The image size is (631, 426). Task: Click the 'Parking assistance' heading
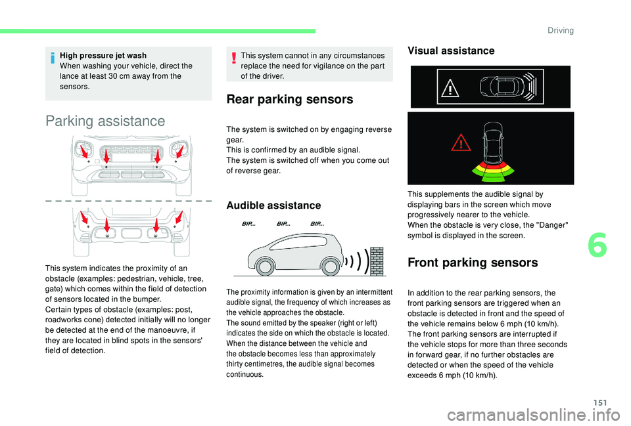click(x=105, y=121)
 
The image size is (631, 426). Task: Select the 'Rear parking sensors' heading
click(x=290, y=99)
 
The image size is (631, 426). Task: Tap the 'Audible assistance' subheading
click(x=273, y=205)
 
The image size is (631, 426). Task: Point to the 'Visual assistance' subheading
click(x=451, y=51)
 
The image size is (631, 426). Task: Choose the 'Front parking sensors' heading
click(x=473, y=263)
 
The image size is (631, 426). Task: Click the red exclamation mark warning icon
click(x=233, y=58)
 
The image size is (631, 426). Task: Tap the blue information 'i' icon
click(x=53, y=58)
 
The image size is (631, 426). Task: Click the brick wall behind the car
click(x=377, y=261)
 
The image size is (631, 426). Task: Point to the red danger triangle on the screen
click(x=461, y=142)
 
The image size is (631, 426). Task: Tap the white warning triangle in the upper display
click(x=450, y=88)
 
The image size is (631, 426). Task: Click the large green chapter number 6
click(x=597, y=246)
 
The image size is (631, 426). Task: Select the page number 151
click(x=600, y=402)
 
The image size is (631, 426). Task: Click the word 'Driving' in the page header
click(x=561, y=30)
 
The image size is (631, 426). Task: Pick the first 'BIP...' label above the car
click(x=248, y=224)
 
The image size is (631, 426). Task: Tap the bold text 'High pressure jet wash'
click(x=103, y=55)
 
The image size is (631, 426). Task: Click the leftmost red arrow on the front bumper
click(x=83, y=151)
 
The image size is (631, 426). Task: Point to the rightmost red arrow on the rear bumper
click(x=179, y=217)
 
